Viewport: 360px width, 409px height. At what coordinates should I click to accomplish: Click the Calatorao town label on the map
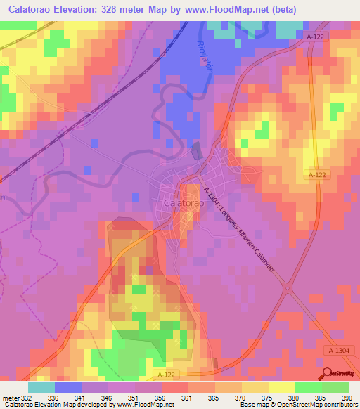click(184, 202)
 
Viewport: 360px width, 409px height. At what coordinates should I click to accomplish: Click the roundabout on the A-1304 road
click(287, 287)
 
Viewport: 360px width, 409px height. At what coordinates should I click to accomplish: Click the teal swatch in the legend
click(41, 387)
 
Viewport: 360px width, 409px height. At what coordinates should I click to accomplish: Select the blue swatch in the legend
click(68, 387)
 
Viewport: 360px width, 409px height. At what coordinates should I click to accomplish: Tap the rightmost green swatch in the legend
click(335, 387)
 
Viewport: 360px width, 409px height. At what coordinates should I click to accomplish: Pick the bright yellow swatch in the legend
click(282, 387)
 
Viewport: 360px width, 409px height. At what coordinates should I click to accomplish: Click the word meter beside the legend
click(11, 397)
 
